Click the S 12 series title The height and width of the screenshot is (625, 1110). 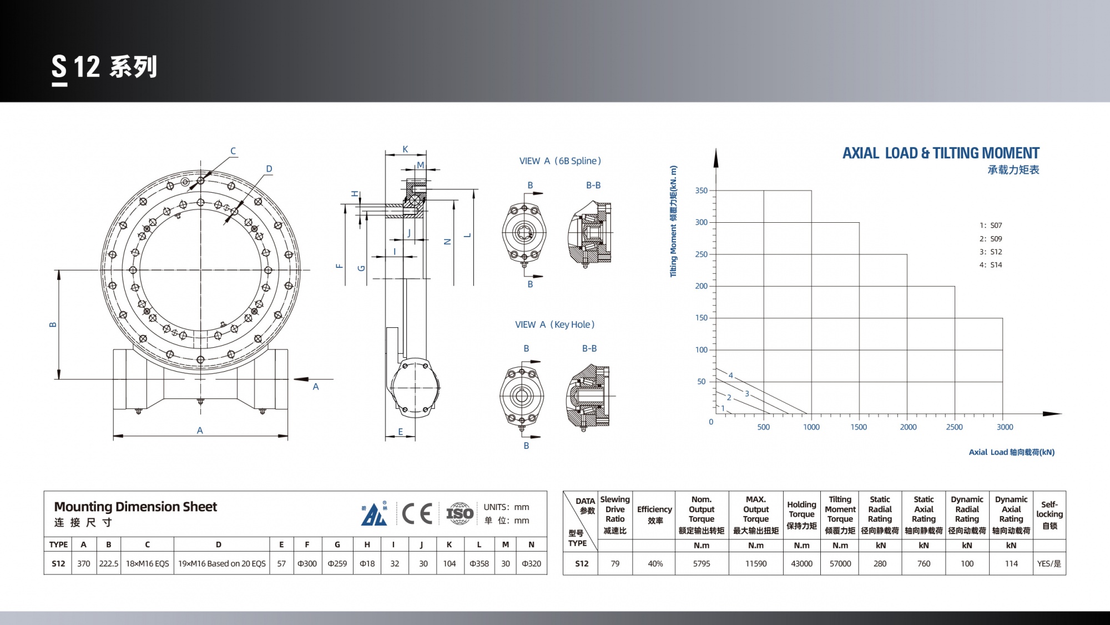click(x=104, y=68)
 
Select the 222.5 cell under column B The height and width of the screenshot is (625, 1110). click(x=109, y=563)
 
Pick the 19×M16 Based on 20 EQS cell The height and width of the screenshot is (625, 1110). click(x=222, y=563)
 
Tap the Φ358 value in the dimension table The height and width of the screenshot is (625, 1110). click(x=479, y=563)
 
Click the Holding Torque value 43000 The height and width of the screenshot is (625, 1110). click(x=801, y=563)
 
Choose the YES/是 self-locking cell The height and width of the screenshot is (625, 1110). click(x=1049, y=563)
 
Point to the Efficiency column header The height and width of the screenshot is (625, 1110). click(x=655, y=514)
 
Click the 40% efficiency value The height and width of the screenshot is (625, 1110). click(x=655, y=563)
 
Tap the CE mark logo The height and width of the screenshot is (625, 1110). click(x=417, y=513)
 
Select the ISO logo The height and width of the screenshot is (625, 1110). click(x=460, y=513)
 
